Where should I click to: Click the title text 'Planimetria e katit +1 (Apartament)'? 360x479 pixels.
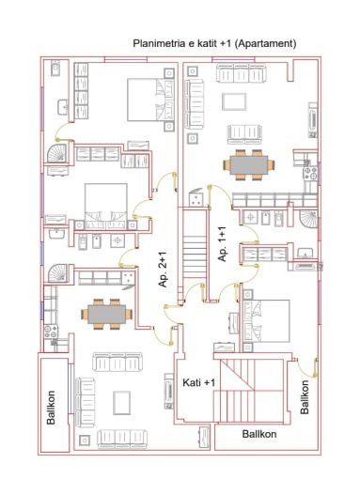pos(216,43)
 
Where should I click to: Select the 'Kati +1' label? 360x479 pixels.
pos(198,383)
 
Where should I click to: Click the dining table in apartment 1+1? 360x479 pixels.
pos(249,164)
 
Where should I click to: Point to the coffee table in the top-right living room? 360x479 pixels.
pos(234,100)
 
